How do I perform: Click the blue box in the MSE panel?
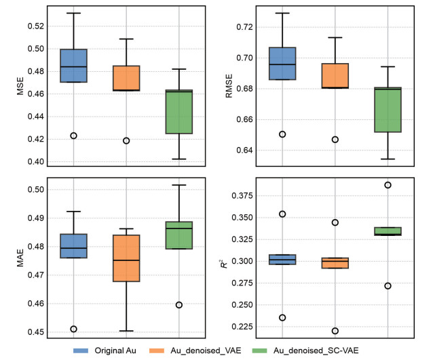73,66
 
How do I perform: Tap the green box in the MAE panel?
179,235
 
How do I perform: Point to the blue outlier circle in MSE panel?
73,136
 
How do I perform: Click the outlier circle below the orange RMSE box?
335,140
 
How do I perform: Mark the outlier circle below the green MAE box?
179,305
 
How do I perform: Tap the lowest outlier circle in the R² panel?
335,331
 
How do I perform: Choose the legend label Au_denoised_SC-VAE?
318,351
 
